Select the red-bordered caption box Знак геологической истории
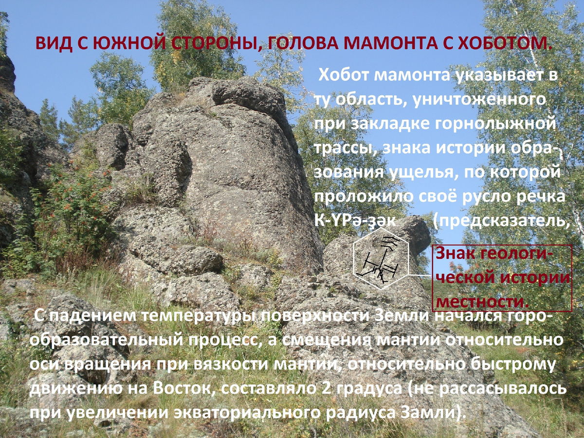(x=502, y=278)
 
